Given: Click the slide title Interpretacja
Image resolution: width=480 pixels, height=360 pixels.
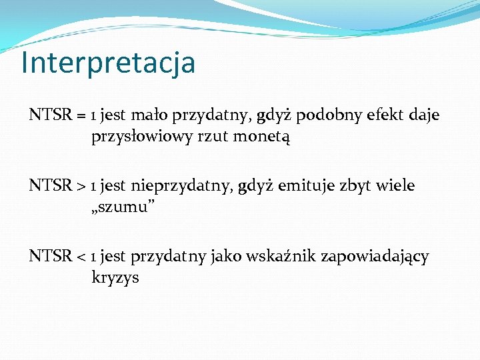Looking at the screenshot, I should click(x=108, y=63).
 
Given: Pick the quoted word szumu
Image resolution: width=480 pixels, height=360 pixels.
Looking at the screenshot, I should click(x=124, y=208).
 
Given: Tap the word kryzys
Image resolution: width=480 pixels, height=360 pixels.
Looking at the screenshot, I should click(x=115, y=278).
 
